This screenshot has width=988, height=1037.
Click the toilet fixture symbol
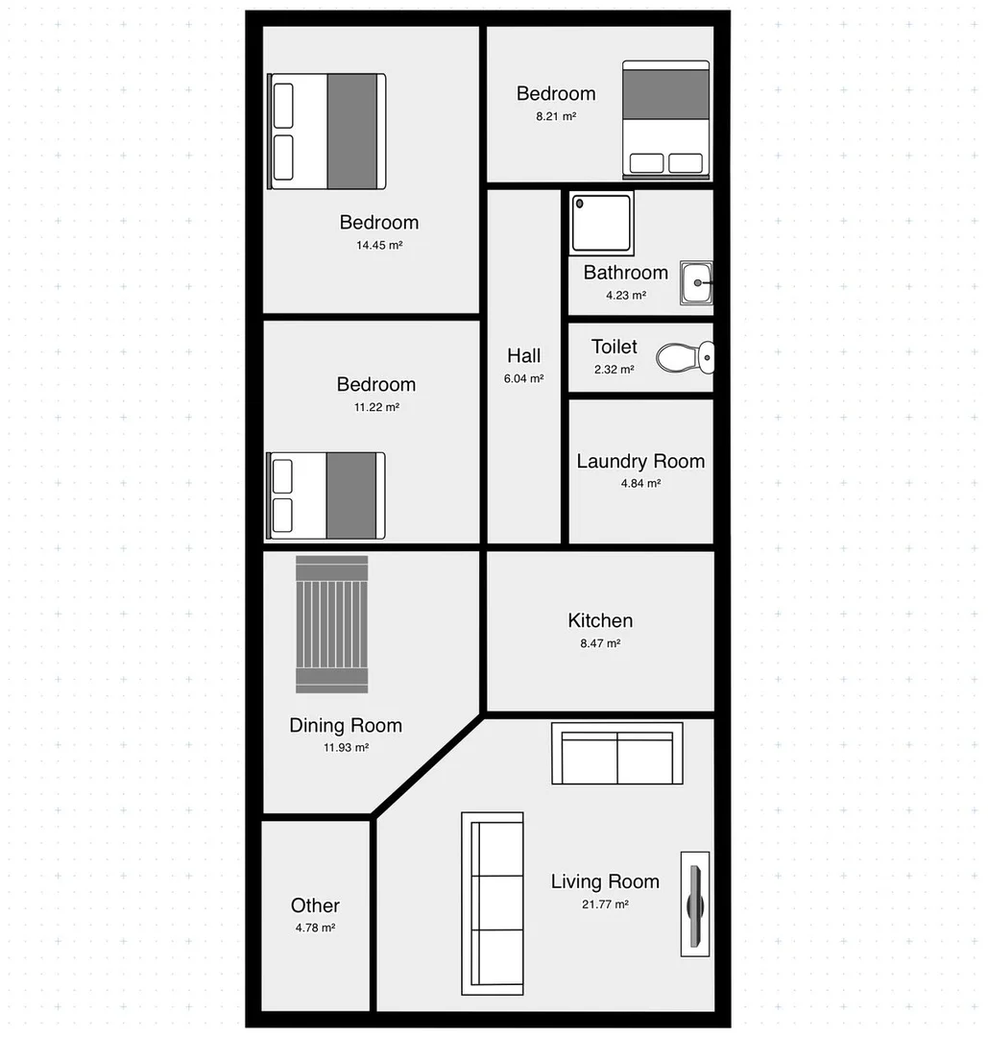point(685,358)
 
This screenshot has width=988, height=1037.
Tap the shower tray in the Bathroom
point(602,223)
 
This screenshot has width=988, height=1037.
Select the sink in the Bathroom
point(696,283)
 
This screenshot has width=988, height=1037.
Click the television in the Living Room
point(695,904)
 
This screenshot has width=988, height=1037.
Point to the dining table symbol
point(332,624)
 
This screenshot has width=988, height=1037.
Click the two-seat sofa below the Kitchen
point(616,754)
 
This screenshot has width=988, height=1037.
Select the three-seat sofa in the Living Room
point(493,903)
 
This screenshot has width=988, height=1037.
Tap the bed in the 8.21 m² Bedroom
point(666,120)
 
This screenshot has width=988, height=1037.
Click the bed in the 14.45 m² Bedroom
point(326,132)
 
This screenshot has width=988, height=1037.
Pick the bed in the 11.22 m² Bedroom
point(325,495)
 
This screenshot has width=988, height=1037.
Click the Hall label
point(524,356)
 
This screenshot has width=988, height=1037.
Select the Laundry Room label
point(640,461)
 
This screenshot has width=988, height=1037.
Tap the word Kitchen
point(600,620)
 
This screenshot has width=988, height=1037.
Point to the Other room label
point(315,905)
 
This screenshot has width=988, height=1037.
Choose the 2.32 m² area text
point(614,370)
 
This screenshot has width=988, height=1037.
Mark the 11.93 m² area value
point(347,748)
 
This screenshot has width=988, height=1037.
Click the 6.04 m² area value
point(524,379)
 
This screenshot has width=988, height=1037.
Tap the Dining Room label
point(346,725)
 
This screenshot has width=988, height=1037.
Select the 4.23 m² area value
point(626,296)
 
